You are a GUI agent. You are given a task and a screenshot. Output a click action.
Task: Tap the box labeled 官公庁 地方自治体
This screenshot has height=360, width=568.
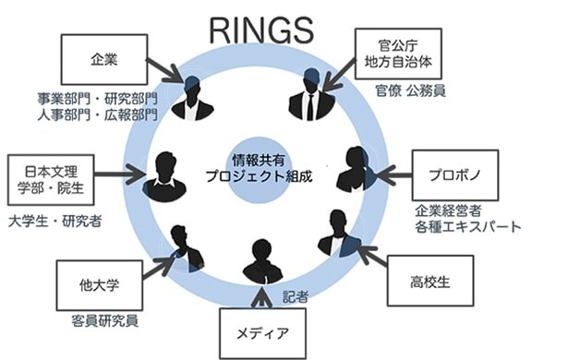click(398, 53)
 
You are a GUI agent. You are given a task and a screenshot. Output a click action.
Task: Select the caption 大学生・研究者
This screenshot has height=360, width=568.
click(54, 222)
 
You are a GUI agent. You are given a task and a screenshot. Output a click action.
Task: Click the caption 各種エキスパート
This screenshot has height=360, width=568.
click(470, 226)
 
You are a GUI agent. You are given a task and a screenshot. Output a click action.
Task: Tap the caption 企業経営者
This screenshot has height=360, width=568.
click(458, 209)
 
